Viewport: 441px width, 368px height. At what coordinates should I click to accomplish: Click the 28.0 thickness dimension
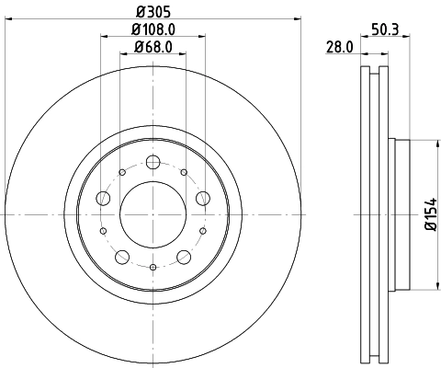click(x=339, y=47)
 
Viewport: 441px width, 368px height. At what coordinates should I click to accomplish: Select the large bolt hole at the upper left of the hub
click(x=104, y=199)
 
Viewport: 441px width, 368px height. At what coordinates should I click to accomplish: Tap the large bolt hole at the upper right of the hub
click(x=202, y=198)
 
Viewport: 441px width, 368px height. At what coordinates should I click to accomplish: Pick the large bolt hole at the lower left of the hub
click(x=122, y=256)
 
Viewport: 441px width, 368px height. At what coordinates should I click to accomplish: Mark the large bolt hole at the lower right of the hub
click(x=184, y=256)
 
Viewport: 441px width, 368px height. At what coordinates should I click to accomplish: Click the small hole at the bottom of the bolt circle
click(x=153, y=267)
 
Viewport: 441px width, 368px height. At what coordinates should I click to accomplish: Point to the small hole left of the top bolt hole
click(x=122, y=171)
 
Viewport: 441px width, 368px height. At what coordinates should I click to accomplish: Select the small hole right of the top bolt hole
click(x=184, y=171)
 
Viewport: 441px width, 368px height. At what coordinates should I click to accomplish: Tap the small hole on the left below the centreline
click(x=103, y=230)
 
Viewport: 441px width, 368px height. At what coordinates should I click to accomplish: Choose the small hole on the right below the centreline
click(x=203, y=230)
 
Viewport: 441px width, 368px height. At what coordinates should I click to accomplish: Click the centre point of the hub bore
click(x=153, y=214)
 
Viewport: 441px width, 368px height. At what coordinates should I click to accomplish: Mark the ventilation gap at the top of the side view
click(x=372, y=78)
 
